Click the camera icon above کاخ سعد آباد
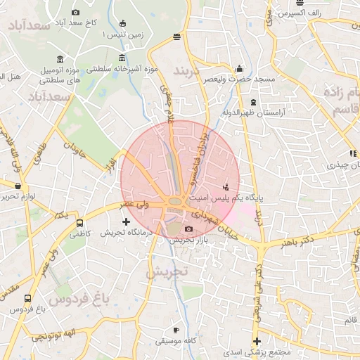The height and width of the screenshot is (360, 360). [x=76, y=12]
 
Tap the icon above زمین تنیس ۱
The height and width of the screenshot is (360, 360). [x=123, y=22]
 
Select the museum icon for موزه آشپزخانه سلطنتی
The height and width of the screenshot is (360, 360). [x=123, y=58]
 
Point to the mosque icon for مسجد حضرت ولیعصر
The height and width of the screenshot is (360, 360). [x=239, y=69]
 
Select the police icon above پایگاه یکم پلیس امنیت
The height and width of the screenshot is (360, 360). [x=226, y=187]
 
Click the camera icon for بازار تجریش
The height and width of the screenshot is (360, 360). [x=188, y=229]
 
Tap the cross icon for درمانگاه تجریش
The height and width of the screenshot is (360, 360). [x=127, y=221]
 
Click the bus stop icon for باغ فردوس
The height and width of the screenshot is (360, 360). [x=27, y=298]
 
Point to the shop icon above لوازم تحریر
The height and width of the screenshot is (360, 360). [x=17, y=186]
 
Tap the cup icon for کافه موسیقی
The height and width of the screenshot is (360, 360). [x=176, y=330]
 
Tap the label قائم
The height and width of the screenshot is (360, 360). [x=349, y=321]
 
